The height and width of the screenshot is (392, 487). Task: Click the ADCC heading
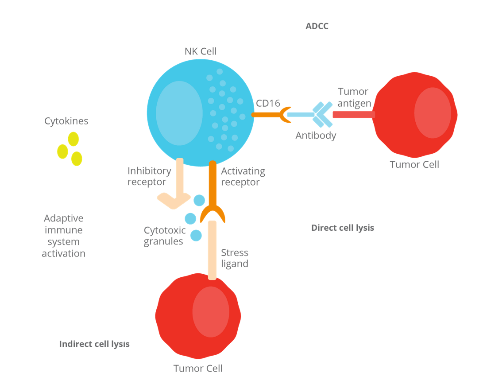point(317,26)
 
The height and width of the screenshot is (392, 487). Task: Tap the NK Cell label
point(201,51)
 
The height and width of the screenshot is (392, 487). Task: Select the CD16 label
point(268,103)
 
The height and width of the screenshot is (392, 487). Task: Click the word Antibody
point(316,136)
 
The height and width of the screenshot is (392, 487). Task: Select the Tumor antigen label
point(353,97)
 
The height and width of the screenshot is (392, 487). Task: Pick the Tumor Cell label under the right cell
point(414,164)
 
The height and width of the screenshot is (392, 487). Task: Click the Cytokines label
point(66,121)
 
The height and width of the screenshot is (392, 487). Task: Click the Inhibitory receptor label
point(149,176)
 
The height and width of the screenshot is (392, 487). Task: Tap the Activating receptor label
point(243,176)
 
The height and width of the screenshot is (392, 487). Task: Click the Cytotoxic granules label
point(164,236)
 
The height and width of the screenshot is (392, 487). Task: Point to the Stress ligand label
point(235,258)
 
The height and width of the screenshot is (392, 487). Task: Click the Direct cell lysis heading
point(343,228)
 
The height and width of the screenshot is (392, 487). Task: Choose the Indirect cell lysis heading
point(94,344)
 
